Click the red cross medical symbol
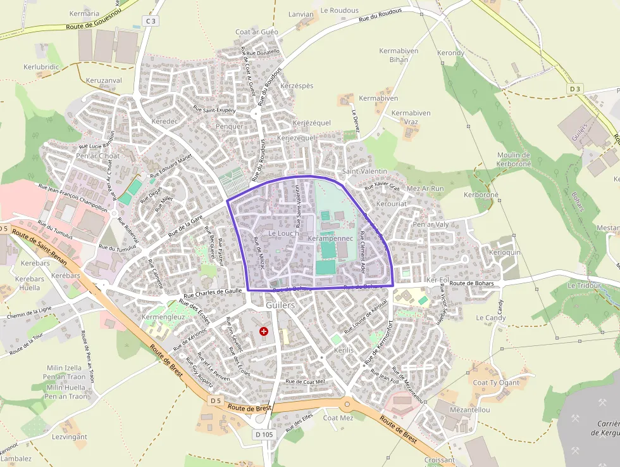(x=264, y=331)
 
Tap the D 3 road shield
(x=574, y=89)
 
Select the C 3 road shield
(x=150, y=21)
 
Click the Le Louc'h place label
(x=283, y=233)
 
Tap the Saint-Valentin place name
(x=364, y=172)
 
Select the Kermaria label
(x=84, y=13)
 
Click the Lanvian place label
(x=301, y=14)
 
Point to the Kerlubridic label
(x=41, y=67)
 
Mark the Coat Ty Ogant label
(x=496, y=382)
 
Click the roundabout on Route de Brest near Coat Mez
(x=347, y=404)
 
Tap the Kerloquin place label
(x=505, y=252)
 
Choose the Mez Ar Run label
(x=425, y=189)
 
